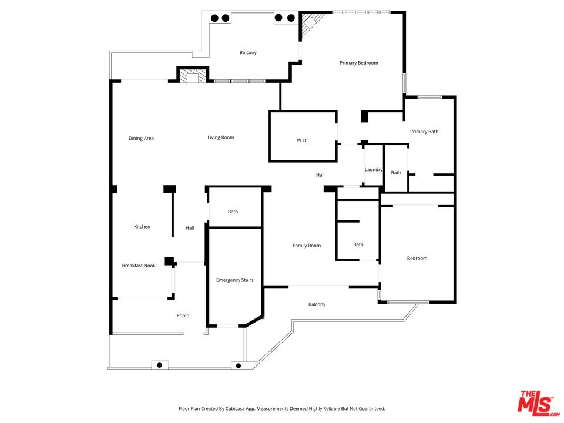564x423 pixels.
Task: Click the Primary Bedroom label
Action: [x=358, y=63]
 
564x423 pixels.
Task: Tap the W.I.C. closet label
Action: [x=303, y=140]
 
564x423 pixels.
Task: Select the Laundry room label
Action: [x=374, y=170]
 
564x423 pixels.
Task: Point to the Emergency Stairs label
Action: [x=234, y=280]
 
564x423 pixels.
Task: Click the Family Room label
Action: [x=307, y=246]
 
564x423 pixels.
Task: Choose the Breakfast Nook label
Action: [x=139, y=266]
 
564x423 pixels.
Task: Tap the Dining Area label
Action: [x=141, y=139]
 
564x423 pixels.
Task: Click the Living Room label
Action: [x=220, y=137]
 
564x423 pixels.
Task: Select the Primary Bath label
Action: [x=424, y=132]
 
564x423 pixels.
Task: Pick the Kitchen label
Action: [x=142, y=227]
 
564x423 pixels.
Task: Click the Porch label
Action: [x=183, y=315]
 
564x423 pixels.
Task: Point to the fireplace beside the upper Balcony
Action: [x=193, y=76]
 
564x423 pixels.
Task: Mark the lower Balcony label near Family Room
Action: [x=317, y=304]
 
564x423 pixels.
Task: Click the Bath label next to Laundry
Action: [x=396, y=173]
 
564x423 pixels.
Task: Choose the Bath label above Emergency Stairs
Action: [x=233, y=211]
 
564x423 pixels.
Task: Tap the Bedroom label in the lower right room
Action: [x=417, y=258]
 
